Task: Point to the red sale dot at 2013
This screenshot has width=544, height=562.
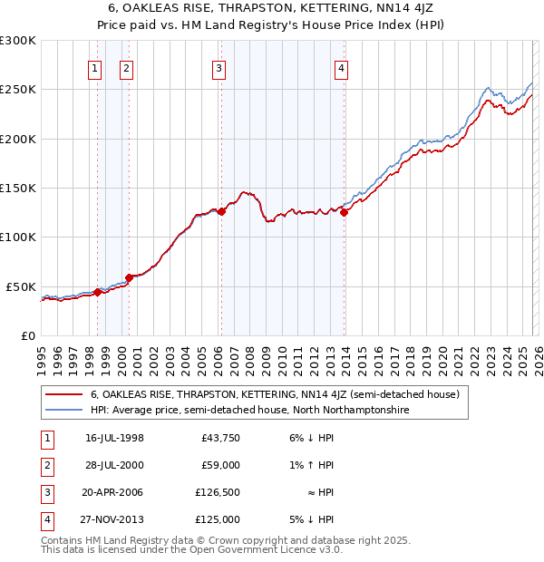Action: (344, 212)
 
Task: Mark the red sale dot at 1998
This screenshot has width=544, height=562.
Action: (97, 292)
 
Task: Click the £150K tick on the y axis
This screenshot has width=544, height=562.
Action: (18, 188)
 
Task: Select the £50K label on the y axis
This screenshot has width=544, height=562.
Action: (21, 286)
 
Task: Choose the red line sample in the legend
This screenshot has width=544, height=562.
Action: (64, 395)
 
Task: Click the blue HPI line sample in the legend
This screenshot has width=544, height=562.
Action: (64, 411)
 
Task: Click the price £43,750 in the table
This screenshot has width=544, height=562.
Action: (218, 438)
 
